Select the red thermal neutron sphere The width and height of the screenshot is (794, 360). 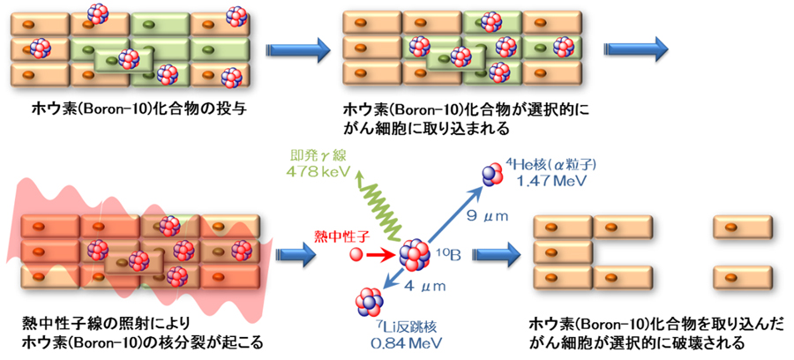pos(356,255)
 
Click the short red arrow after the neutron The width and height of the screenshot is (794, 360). pos(382,255)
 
